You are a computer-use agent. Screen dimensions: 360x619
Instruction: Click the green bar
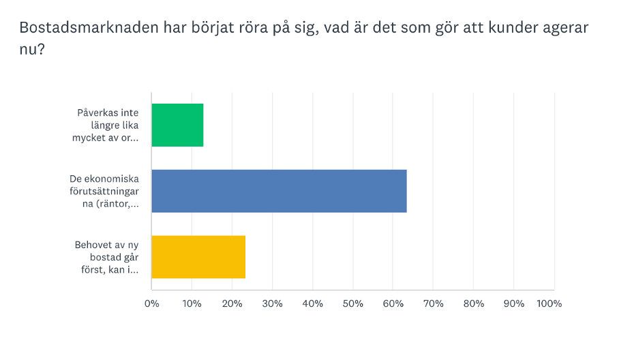point(177,125)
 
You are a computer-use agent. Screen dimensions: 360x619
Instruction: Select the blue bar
point(279,191)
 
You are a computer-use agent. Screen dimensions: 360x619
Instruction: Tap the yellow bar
point(198,257)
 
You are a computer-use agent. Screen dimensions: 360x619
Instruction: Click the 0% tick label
point(151,303)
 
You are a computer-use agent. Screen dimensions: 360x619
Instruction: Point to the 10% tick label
point(192,303)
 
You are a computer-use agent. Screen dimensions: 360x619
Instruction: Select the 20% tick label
point(232,303)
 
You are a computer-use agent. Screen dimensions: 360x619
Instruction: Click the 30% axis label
point(272,303)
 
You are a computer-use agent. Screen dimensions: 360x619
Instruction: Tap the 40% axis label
point(312,303)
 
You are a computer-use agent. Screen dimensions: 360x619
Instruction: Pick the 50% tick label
point(352,303)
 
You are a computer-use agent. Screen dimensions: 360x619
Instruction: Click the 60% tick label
point(393,303)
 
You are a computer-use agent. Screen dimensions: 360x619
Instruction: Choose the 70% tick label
point(433,303)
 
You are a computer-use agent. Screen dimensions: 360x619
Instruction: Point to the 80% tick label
point(474,303)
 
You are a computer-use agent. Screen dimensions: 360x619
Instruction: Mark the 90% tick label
point(514,303)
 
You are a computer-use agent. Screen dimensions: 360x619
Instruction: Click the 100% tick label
point(549,303)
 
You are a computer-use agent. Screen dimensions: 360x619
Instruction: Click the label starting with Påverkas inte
point(108,125)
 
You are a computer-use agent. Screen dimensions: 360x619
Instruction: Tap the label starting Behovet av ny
point(107,257)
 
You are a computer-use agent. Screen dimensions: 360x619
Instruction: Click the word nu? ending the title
point(32,50)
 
